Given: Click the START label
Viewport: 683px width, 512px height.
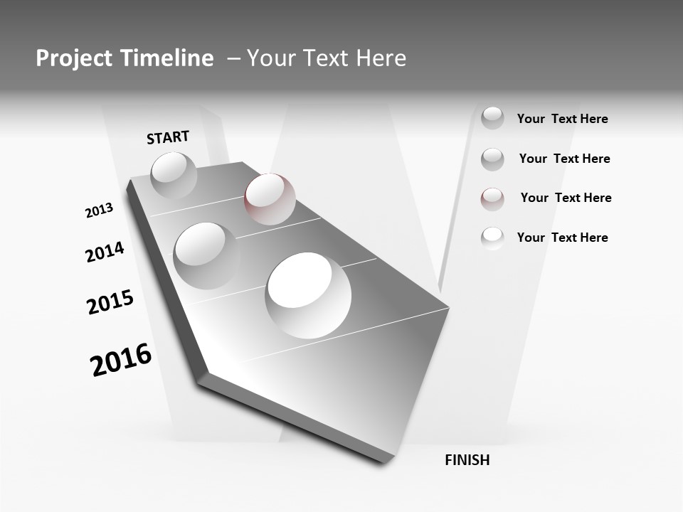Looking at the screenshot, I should click(x=168, y=137).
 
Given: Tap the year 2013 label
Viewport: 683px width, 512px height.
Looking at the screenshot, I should click(x=99, y=210).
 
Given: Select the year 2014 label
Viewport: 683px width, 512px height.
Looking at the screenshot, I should click(x=105, y=252).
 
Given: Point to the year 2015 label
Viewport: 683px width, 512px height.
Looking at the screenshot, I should click(x=110, y=302).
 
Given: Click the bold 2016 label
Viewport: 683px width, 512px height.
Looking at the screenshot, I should click(x=121, y=360).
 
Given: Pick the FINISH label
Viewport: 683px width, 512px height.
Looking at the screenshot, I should click(x=467, y=460).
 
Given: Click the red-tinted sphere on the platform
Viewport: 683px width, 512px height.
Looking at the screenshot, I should click(x=270, y=198).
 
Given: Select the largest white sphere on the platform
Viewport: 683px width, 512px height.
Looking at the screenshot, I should click(x=308, y=294).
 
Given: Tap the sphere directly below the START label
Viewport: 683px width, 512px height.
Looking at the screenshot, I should click(x=174, y=175).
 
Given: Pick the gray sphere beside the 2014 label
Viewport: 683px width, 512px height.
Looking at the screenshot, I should click(x=206, y=255).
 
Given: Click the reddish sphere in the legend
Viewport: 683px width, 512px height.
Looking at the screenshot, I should click(x=492, y=198).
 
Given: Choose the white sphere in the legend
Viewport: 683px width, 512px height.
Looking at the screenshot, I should click(x=492, y=238).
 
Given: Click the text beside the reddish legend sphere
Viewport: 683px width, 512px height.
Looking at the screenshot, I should click(x=566, y=198).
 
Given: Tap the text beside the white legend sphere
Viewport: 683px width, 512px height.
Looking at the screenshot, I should click(x=562, y=238).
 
